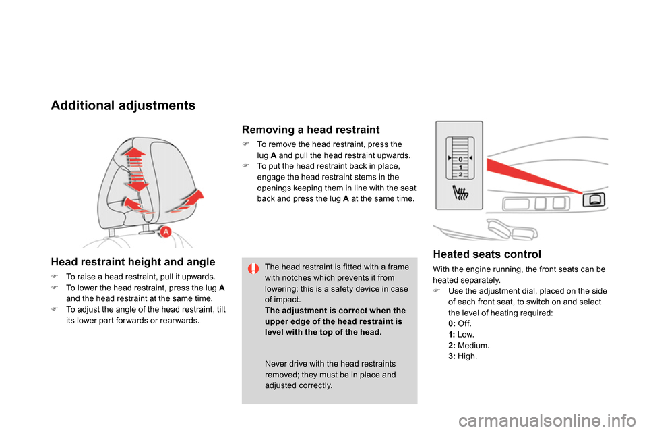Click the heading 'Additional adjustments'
(123, 106)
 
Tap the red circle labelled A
(166, 232)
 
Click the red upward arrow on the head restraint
(133, 157)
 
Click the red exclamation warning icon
(253, 269)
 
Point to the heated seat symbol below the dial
(460, 192)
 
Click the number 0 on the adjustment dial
(460, 159)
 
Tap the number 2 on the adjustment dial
(460, 174)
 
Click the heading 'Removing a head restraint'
(310, 130)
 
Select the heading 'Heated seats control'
(487, 254)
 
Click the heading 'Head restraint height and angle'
(133, 262)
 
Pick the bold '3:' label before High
(452, 356)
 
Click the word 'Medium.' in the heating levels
(473, 346)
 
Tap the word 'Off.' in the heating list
(464, 324)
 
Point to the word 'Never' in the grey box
(275, 364)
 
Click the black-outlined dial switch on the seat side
(594, 200)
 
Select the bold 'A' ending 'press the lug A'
(222, 288)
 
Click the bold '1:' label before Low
(452, 335)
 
